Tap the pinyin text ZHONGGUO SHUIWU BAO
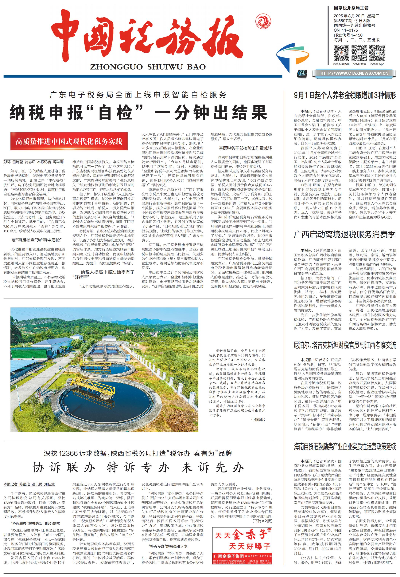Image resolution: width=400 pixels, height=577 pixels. pos(148,67)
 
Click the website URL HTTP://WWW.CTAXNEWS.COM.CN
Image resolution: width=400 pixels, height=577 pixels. pos(354,73)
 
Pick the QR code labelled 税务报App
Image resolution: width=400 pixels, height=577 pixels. pos(377,53)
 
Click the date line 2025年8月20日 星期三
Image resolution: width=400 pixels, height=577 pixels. pos(356,16)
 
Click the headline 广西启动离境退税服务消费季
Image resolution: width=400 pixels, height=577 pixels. pos(345,235)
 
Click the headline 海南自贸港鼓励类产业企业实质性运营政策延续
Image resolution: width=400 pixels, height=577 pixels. pos(345,446)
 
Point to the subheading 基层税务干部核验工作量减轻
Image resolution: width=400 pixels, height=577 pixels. pos(245,148)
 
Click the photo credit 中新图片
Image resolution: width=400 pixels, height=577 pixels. pos(258,419)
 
